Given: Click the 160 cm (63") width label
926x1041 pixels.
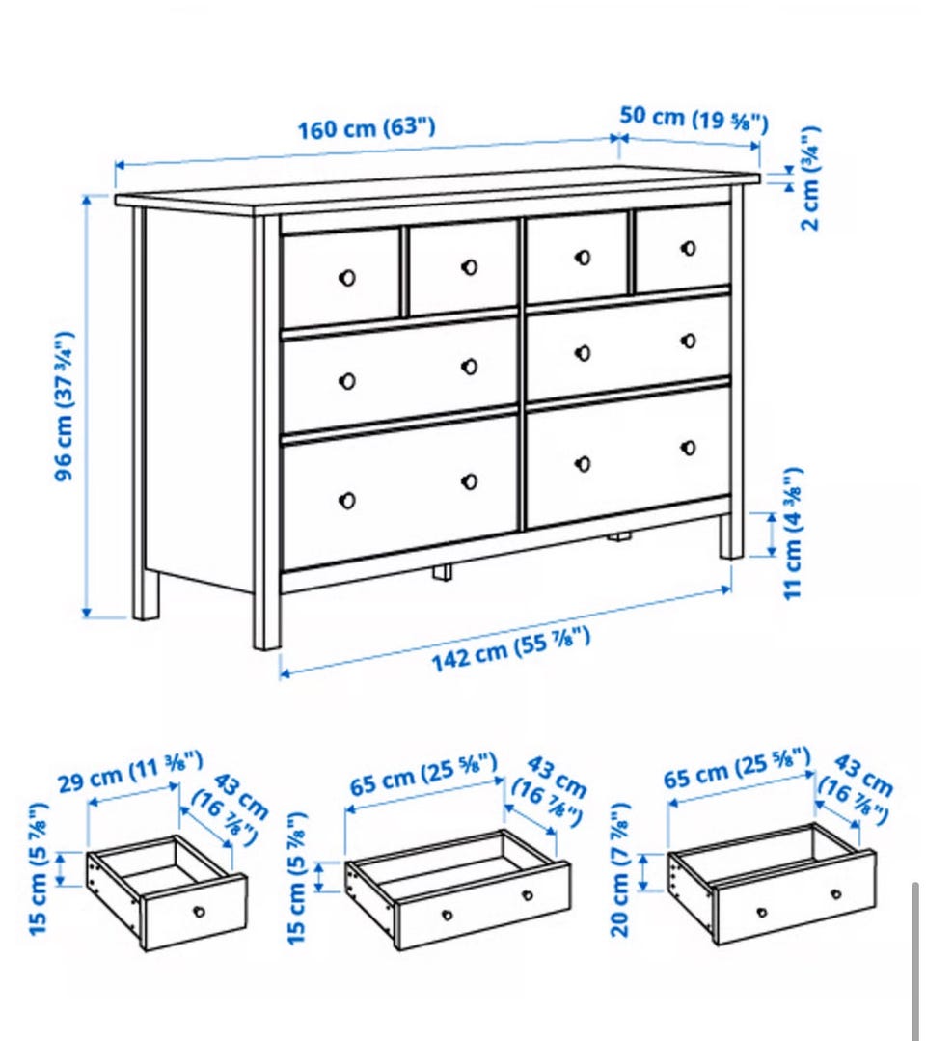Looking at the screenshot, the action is [x=367, y=128].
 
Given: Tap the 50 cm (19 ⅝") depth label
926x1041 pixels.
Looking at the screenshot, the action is [x=694, y=120].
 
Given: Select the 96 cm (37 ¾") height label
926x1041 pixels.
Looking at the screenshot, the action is [x=65, y=405].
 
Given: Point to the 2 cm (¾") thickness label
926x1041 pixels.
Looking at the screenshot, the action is [x=810, y=178].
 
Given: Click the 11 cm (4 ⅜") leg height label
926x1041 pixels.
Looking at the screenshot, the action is [x=793, y=534].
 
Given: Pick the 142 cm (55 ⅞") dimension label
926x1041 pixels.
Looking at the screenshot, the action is [x=510, y=649].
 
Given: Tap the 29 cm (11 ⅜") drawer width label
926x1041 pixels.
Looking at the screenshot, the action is [x=130, y=772].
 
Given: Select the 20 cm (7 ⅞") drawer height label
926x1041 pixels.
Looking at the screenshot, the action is [x=619, y=869].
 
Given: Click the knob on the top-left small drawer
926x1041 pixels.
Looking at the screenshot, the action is [x=346, y=278].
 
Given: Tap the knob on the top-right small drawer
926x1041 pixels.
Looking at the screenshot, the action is [x=689, y=248].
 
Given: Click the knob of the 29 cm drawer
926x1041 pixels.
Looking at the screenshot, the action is [x=199, y=912].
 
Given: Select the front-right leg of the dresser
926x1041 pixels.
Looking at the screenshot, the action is [x=731, y=535].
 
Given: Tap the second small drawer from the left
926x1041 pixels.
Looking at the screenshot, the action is [x=462, y=268].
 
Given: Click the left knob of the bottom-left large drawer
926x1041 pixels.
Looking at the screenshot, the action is [x=346, y=500].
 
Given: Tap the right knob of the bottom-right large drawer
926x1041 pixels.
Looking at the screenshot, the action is [x=689, y=448].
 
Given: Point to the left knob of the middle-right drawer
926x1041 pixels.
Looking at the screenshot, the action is [x=583, y=353].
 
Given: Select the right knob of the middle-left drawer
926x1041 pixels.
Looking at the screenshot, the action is [x=470, y=367].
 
